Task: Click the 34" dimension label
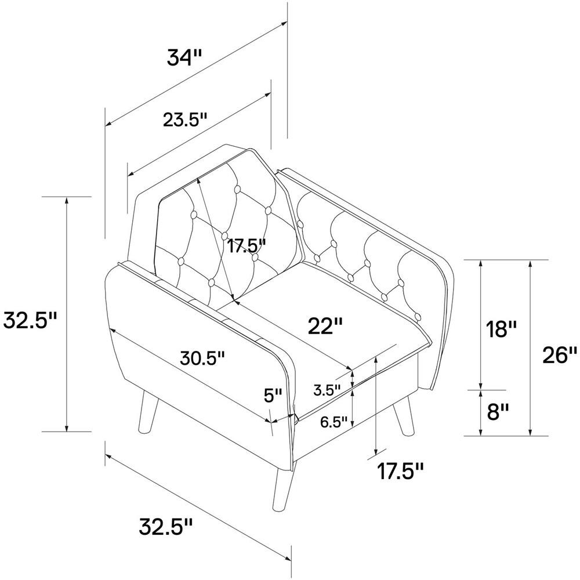coord(184,57)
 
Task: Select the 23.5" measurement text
coord(184,120)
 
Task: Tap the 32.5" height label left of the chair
coord(30,320)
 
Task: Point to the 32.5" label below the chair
coord(166,527)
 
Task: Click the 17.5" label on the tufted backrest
coord(246,246)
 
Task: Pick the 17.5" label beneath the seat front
coord(400,471)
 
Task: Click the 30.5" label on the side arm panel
coord(202,358)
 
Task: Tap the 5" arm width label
coord(273,396)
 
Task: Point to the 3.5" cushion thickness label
coord(327,390)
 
